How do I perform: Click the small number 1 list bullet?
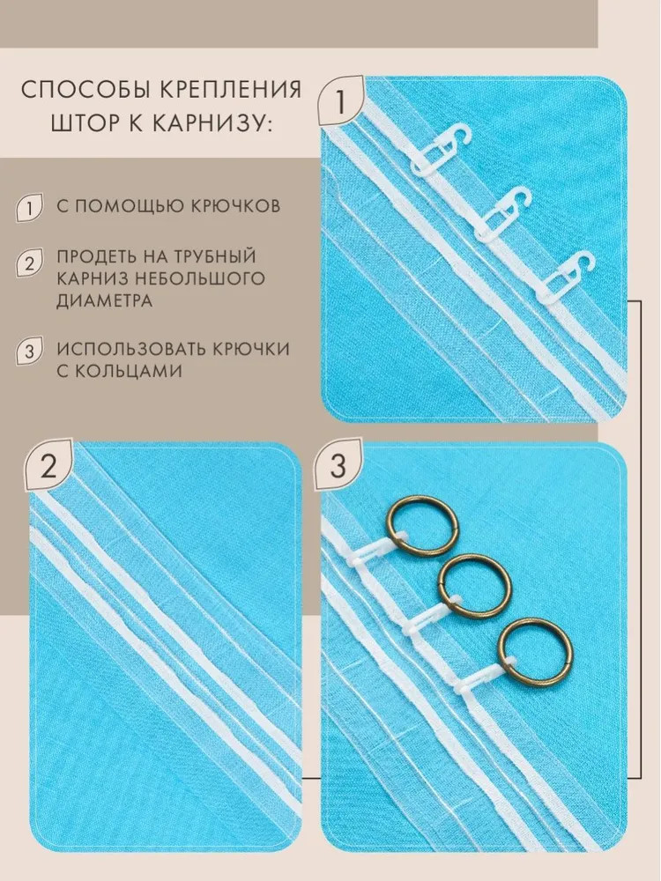coord(29,208)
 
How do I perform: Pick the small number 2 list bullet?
coord(29,263)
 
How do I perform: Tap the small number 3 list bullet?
coord(29,352)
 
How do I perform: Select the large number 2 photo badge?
coord(49,466)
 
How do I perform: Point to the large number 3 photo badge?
coord(338,466)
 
